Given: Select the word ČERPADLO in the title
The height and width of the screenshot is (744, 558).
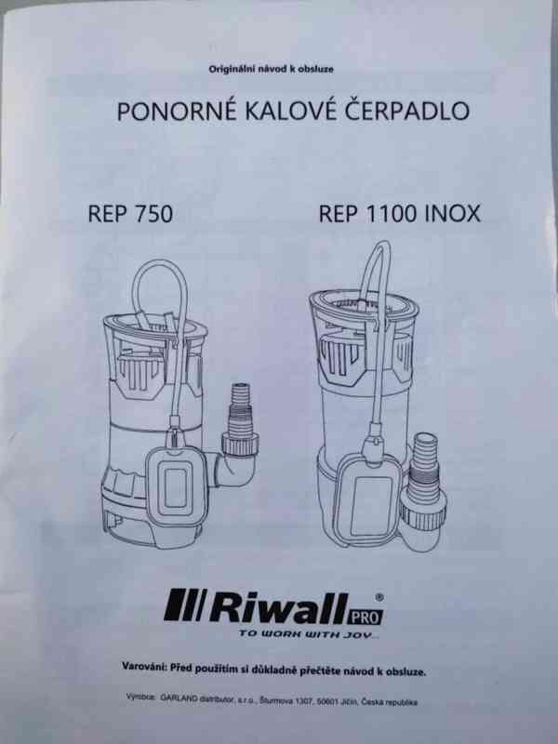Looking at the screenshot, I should (x=405, y=113).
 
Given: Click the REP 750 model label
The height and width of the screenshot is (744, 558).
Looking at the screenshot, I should (x=130, y=213).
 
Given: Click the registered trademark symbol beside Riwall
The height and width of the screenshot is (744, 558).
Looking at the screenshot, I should (x=377, y=597).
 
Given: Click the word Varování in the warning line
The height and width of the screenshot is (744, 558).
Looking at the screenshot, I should (x=148, y=668).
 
